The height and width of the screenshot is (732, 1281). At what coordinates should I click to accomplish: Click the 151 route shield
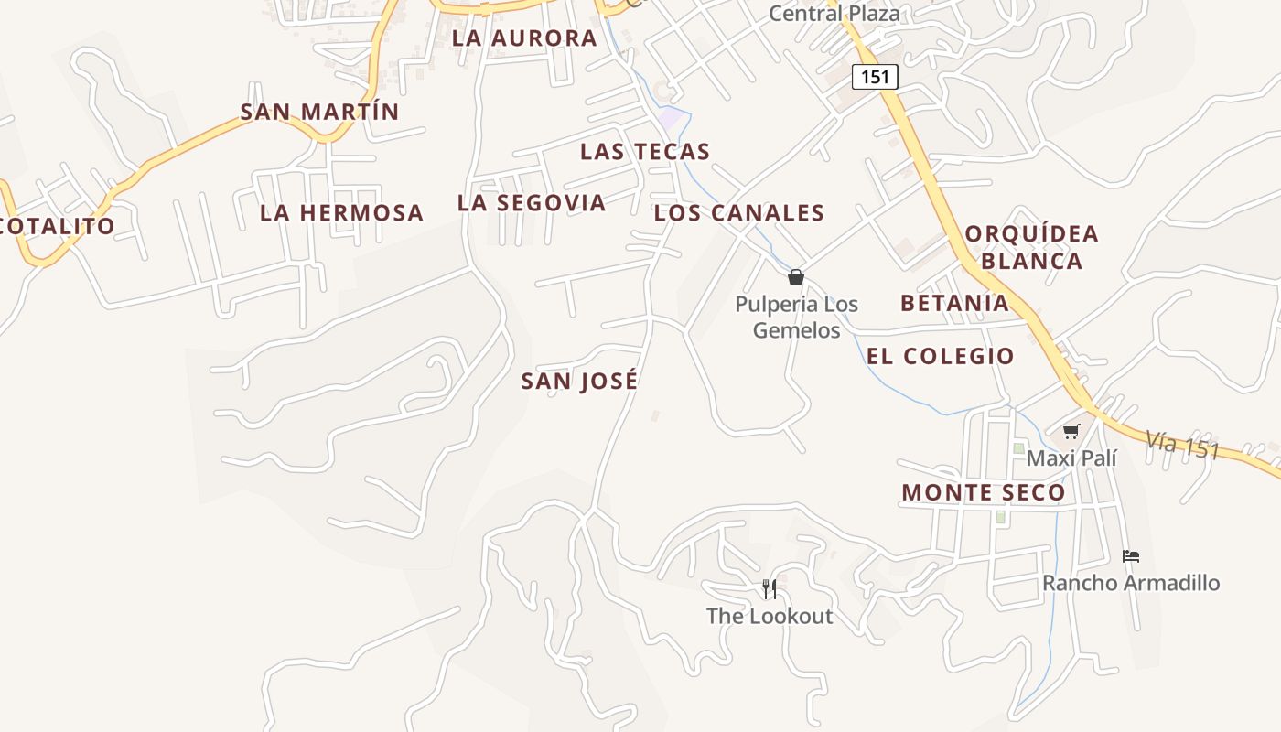pyautogui.click(x=875, y=77)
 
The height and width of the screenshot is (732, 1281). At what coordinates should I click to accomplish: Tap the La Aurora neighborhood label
pyautogui.click(x=524, y=38)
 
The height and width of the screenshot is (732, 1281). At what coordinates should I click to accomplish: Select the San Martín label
pyautogui.click(x=319, y=112)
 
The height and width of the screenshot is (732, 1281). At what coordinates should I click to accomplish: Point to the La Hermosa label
pyautogui.click(x=341, y=213)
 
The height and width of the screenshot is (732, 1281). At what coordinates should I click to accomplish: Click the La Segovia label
pyautogui.click(x=532, y=203)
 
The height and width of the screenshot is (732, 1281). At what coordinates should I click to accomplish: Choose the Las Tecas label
pyautogui.click(x=645, y=152)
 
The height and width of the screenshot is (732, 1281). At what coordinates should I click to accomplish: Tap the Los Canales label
pyautogui.click(x=739, y=213)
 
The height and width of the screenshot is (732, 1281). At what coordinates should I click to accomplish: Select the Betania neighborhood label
pyautogui.click(x=954, y=303)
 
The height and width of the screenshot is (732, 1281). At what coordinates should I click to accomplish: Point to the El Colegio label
pyautogui.click(x=941, y=356)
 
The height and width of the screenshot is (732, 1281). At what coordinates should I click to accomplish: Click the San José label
pyautogui.click(x=579, y=381)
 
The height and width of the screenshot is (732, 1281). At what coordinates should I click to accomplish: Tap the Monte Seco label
pyautogui.click(x=984, y=492)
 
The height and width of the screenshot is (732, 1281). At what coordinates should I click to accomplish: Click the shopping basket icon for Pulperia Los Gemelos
pyautogui.click(x=796, y=277)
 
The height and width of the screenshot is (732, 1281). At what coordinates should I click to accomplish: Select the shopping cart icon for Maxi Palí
pyautogui.click(x=1071, y=431)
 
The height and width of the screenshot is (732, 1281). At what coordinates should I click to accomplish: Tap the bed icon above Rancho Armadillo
pyautogui.click(x=1131, y=555)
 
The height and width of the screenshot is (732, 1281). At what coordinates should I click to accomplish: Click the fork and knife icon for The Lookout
pyautogui.click(x=770, y=588)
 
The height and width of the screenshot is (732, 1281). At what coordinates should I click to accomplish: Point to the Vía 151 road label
pyautogui.click(x=1182, y=446)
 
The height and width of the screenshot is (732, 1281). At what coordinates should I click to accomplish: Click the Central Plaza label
pyautogui.click(x=834, y=14)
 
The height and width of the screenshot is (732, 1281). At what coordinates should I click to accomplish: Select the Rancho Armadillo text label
pyautogui.click(x=1131, y=583)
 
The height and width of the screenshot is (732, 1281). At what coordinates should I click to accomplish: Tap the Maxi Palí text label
pyautogui.click(x=1071, y=457)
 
